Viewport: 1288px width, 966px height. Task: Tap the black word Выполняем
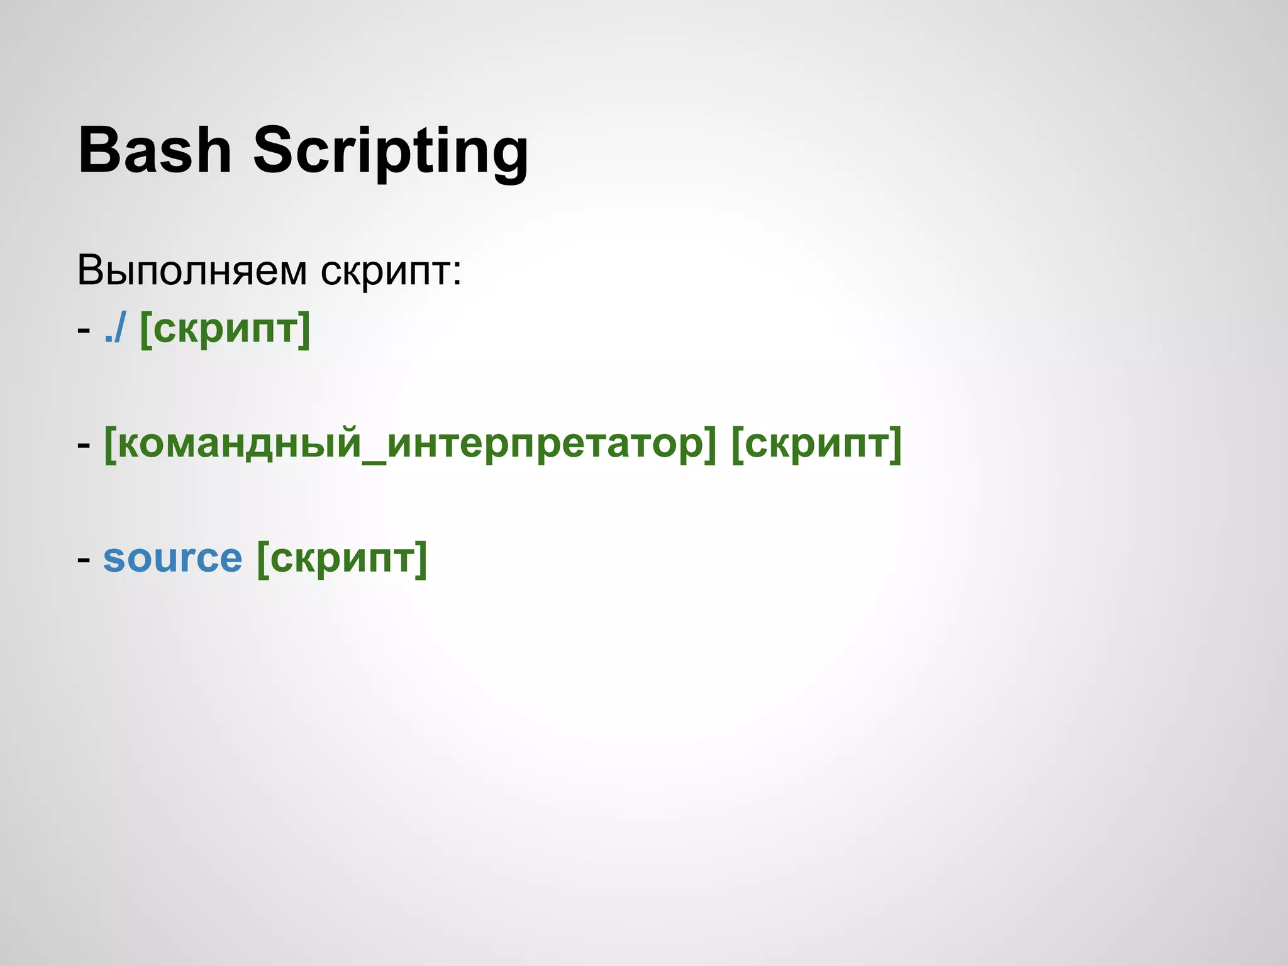[x=192, y=271]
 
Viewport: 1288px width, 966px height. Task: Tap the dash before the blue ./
[x=84, y=330]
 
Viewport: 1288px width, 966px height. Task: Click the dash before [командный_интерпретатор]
[x=84, y=445]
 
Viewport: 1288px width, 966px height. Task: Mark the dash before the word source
[x=84, y=559]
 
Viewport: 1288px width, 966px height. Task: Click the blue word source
[x=172, y=558]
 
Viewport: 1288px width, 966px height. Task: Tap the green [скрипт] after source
[x=342, y=558]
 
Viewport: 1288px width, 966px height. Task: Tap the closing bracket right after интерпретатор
[x=710, y=445]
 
